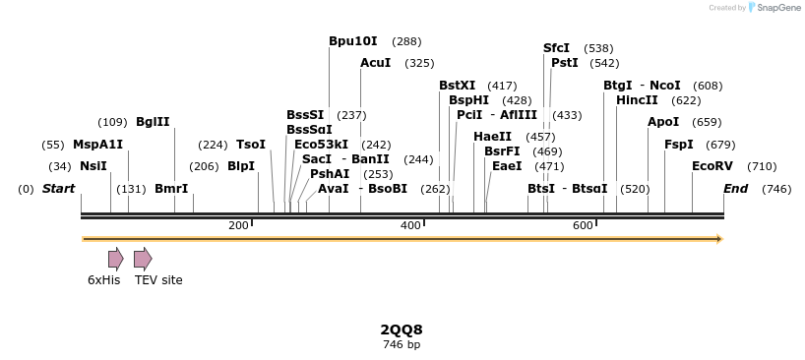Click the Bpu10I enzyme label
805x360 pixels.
point(352,41)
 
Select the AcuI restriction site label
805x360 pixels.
point(375,63)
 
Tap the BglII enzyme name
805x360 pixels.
point(153,122)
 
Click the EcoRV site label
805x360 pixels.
point(712,166)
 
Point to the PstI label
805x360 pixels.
point(564,63)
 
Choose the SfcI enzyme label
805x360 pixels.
point(556,48)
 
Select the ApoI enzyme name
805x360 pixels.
point(662,122)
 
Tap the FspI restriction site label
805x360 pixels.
point(678,145)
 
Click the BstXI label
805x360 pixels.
point(457,86)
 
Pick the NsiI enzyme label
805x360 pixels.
point(93,166)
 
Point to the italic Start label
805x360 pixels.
point(58,189)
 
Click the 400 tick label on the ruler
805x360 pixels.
point(410,226)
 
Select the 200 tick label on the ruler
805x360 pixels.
point(238,226)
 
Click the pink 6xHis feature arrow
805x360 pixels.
point(115,259)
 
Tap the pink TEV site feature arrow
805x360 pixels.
point(143,259)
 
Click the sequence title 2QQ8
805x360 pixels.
point(402,330)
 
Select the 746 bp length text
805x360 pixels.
point(402,344)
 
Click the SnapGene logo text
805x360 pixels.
point(778,8)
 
